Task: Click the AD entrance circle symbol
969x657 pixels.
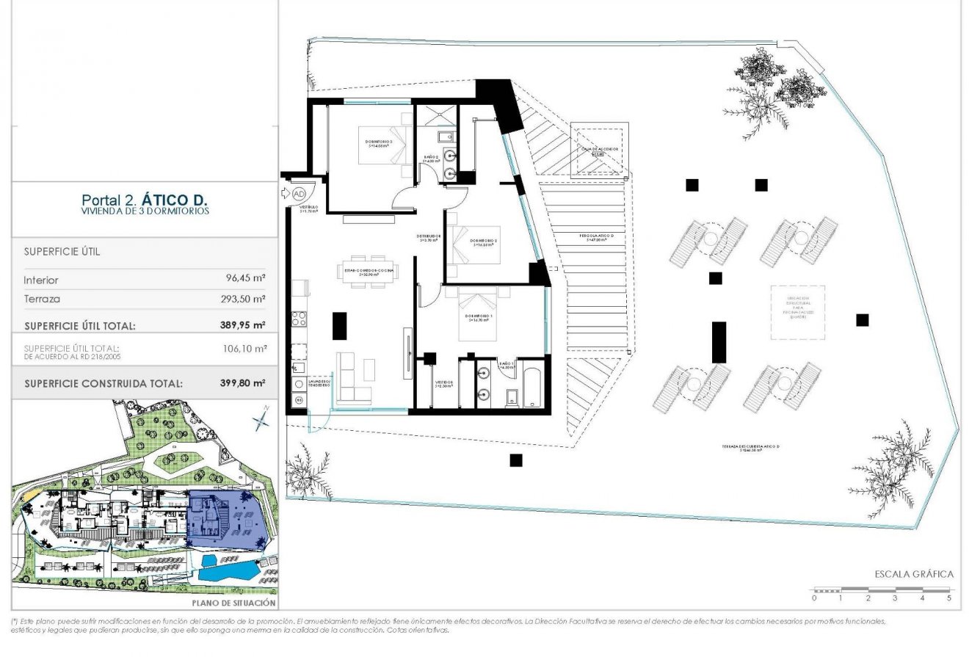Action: (298, 194)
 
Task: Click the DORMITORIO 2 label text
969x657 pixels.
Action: (484, 242)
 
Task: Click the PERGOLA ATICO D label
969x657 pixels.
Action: (595, 237)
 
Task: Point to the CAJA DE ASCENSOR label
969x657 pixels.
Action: (599, 149)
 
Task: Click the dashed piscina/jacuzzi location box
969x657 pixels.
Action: (796, 312)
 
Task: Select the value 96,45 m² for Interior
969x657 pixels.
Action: (245, 280)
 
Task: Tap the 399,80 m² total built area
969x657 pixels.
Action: (244, 382)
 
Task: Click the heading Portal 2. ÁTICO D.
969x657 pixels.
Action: (145, 199)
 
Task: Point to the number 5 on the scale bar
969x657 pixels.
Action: (949, 598)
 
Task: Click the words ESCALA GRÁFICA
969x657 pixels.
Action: (913, 574)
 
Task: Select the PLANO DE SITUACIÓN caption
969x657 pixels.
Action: (233, 603)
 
